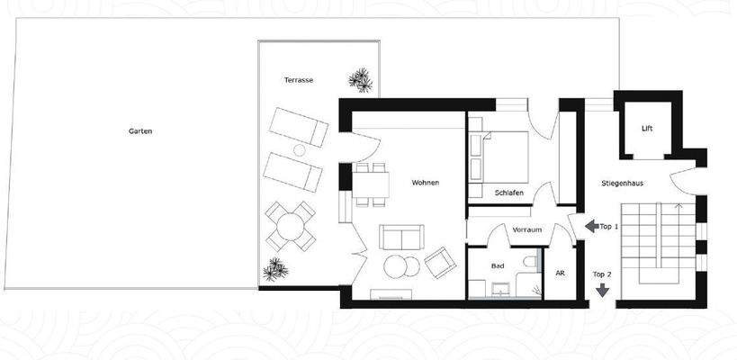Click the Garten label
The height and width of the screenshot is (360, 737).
pyautogui.click(x=140, y=131)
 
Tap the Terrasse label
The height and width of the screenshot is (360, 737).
pyautogui.click(x=298, y=80)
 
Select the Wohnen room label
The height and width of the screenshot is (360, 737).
pyautogui.click(x=426, y=183)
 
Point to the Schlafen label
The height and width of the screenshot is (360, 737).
pyautogui.click(x=509, y=193)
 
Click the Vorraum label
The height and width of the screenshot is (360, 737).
pyautogui.click(x=527, y=230)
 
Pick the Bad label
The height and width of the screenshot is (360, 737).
pyautogui.click(x=498, y=266)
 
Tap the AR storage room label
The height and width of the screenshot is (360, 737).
pyautogui.click(x=560, y=273)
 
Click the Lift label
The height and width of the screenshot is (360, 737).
pyautogui.click(x=647, y=129)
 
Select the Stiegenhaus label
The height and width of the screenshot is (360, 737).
pyautogui.click(x=622, y=184)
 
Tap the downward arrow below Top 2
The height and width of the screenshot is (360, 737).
pyautogui.click(x=602, y=290)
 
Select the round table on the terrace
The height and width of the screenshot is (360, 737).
pyautogui.click(x=291, y=226)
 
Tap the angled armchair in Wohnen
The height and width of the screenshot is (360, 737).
pyautogui.click(x=439, y=262)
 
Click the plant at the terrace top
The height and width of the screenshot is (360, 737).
pyautogui.click(x=363, y=79)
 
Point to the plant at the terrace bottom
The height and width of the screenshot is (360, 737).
pyautogui.click(x=274, y=269)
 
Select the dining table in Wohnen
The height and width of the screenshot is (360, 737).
pyautogui.click(x=370, y=185)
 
